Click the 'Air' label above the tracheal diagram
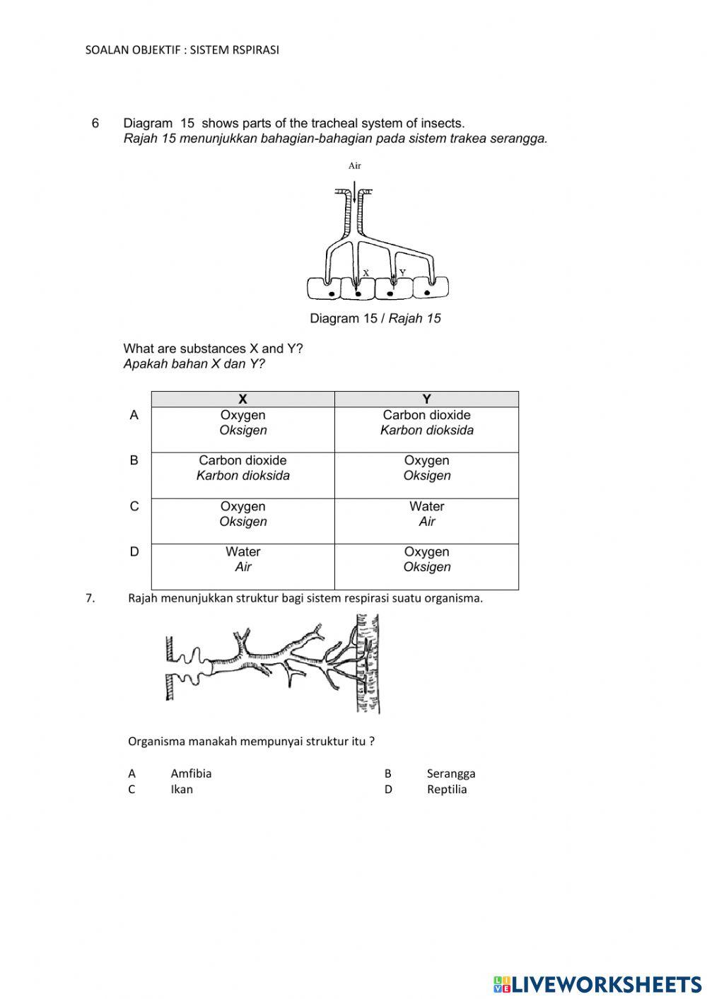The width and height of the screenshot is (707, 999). (x=354, y=166)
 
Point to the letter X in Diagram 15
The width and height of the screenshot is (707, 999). (x=366, y=272)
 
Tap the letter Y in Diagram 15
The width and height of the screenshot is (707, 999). (x=402, y=272)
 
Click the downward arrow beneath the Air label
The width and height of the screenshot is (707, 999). (x=355, y=194)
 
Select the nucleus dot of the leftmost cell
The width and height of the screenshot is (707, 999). (x=330, y=292)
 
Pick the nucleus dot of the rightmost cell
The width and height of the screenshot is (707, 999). (x=426, y=291)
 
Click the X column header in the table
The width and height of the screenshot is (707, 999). (x=243, y=399)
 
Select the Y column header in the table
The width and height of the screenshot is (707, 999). (x=426, y=399)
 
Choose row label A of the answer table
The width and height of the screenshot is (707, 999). (x=134, y=415)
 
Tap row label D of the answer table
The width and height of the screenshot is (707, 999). (x=134, y=551)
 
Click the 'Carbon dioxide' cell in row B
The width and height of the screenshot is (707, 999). (x=243, y=468)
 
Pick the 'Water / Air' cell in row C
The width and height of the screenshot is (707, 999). (x=426, y=514)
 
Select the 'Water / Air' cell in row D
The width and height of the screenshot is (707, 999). (x=243, y=559)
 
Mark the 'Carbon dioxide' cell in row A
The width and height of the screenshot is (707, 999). (x=426, y=423)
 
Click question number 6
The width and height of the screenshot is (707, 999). (x=95, y=123)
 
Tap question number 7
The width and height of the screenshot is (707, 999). (x=90, y=598)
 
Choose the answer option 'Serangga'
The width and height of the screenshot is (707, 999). (x=450, y=773)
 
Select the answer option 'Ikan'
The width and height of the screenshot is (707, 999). (x=182, y=789)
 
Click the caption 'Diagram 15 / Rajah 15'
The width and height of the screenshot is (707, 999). (x=375, y=318)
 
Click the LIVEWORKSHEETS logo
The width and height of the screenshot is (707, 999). (x=597, y=983)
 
